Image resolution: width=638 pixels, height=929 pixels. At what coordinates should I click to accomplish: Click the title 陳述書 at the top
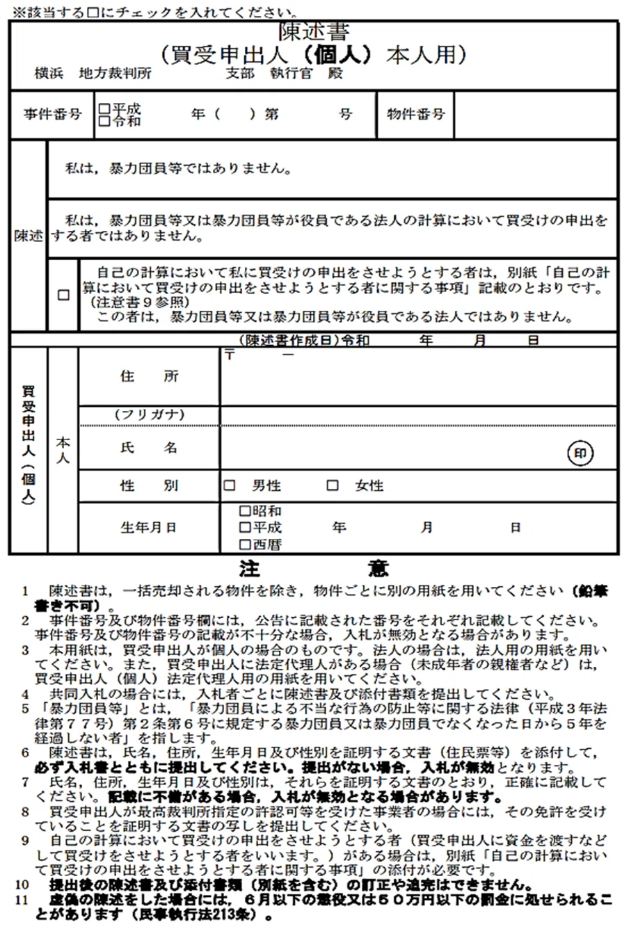(314, 32)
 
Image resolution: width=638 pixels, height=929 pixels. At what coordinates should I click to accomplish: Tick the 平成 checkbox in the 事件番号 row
(104, 108)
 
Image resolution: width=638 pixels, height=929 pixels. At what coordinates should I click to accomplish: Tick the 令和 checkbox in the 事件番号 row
(104, 120)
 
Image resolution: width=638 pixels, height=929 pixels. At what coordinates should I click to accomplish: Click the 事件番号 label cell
(52, 115)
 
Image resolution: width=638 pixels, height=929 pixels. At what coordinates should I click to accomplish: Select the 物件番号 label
(415, 114)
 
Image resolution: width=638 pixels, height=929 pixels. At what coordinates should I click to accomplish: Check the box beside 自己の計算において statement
(63, 295)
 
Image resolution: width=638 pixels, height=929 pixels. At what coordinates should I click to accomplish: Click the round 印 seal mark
(581, 453)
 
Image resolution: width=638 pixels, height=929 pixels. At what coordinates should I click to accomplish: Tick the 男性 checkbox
(230, 485)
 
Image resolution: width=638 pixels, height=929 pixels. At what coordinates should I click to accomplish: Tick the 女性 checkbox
(333, 485)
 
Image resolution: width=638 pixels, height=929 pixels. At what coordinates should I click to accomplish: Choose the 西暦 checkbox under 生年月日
(244, 544)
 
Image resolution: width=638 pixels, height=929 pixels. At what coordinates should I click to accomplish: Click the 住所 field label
(149, 376)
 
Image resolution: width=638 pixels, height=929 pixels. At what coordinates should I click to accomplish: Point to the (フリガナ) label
(149, 414)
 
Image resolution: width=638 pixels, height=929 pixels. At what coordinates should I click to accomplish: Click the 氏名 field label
(149, 449)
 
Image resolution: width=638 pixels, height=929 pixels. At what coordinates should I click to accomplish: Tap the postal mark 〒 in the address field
(230, 355)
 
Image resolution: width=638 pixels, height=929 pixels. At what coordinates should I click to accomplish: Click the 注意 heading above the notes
(313, 569)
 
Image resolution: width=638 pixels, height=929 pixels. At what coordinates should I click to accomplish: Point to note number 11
(24, 900)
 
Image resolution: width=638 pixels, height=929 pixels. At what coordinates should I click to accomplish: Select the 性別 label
(149, 485)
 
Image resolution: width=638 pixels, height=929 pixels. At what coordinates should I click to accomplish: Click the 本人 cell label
(63, 450)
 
